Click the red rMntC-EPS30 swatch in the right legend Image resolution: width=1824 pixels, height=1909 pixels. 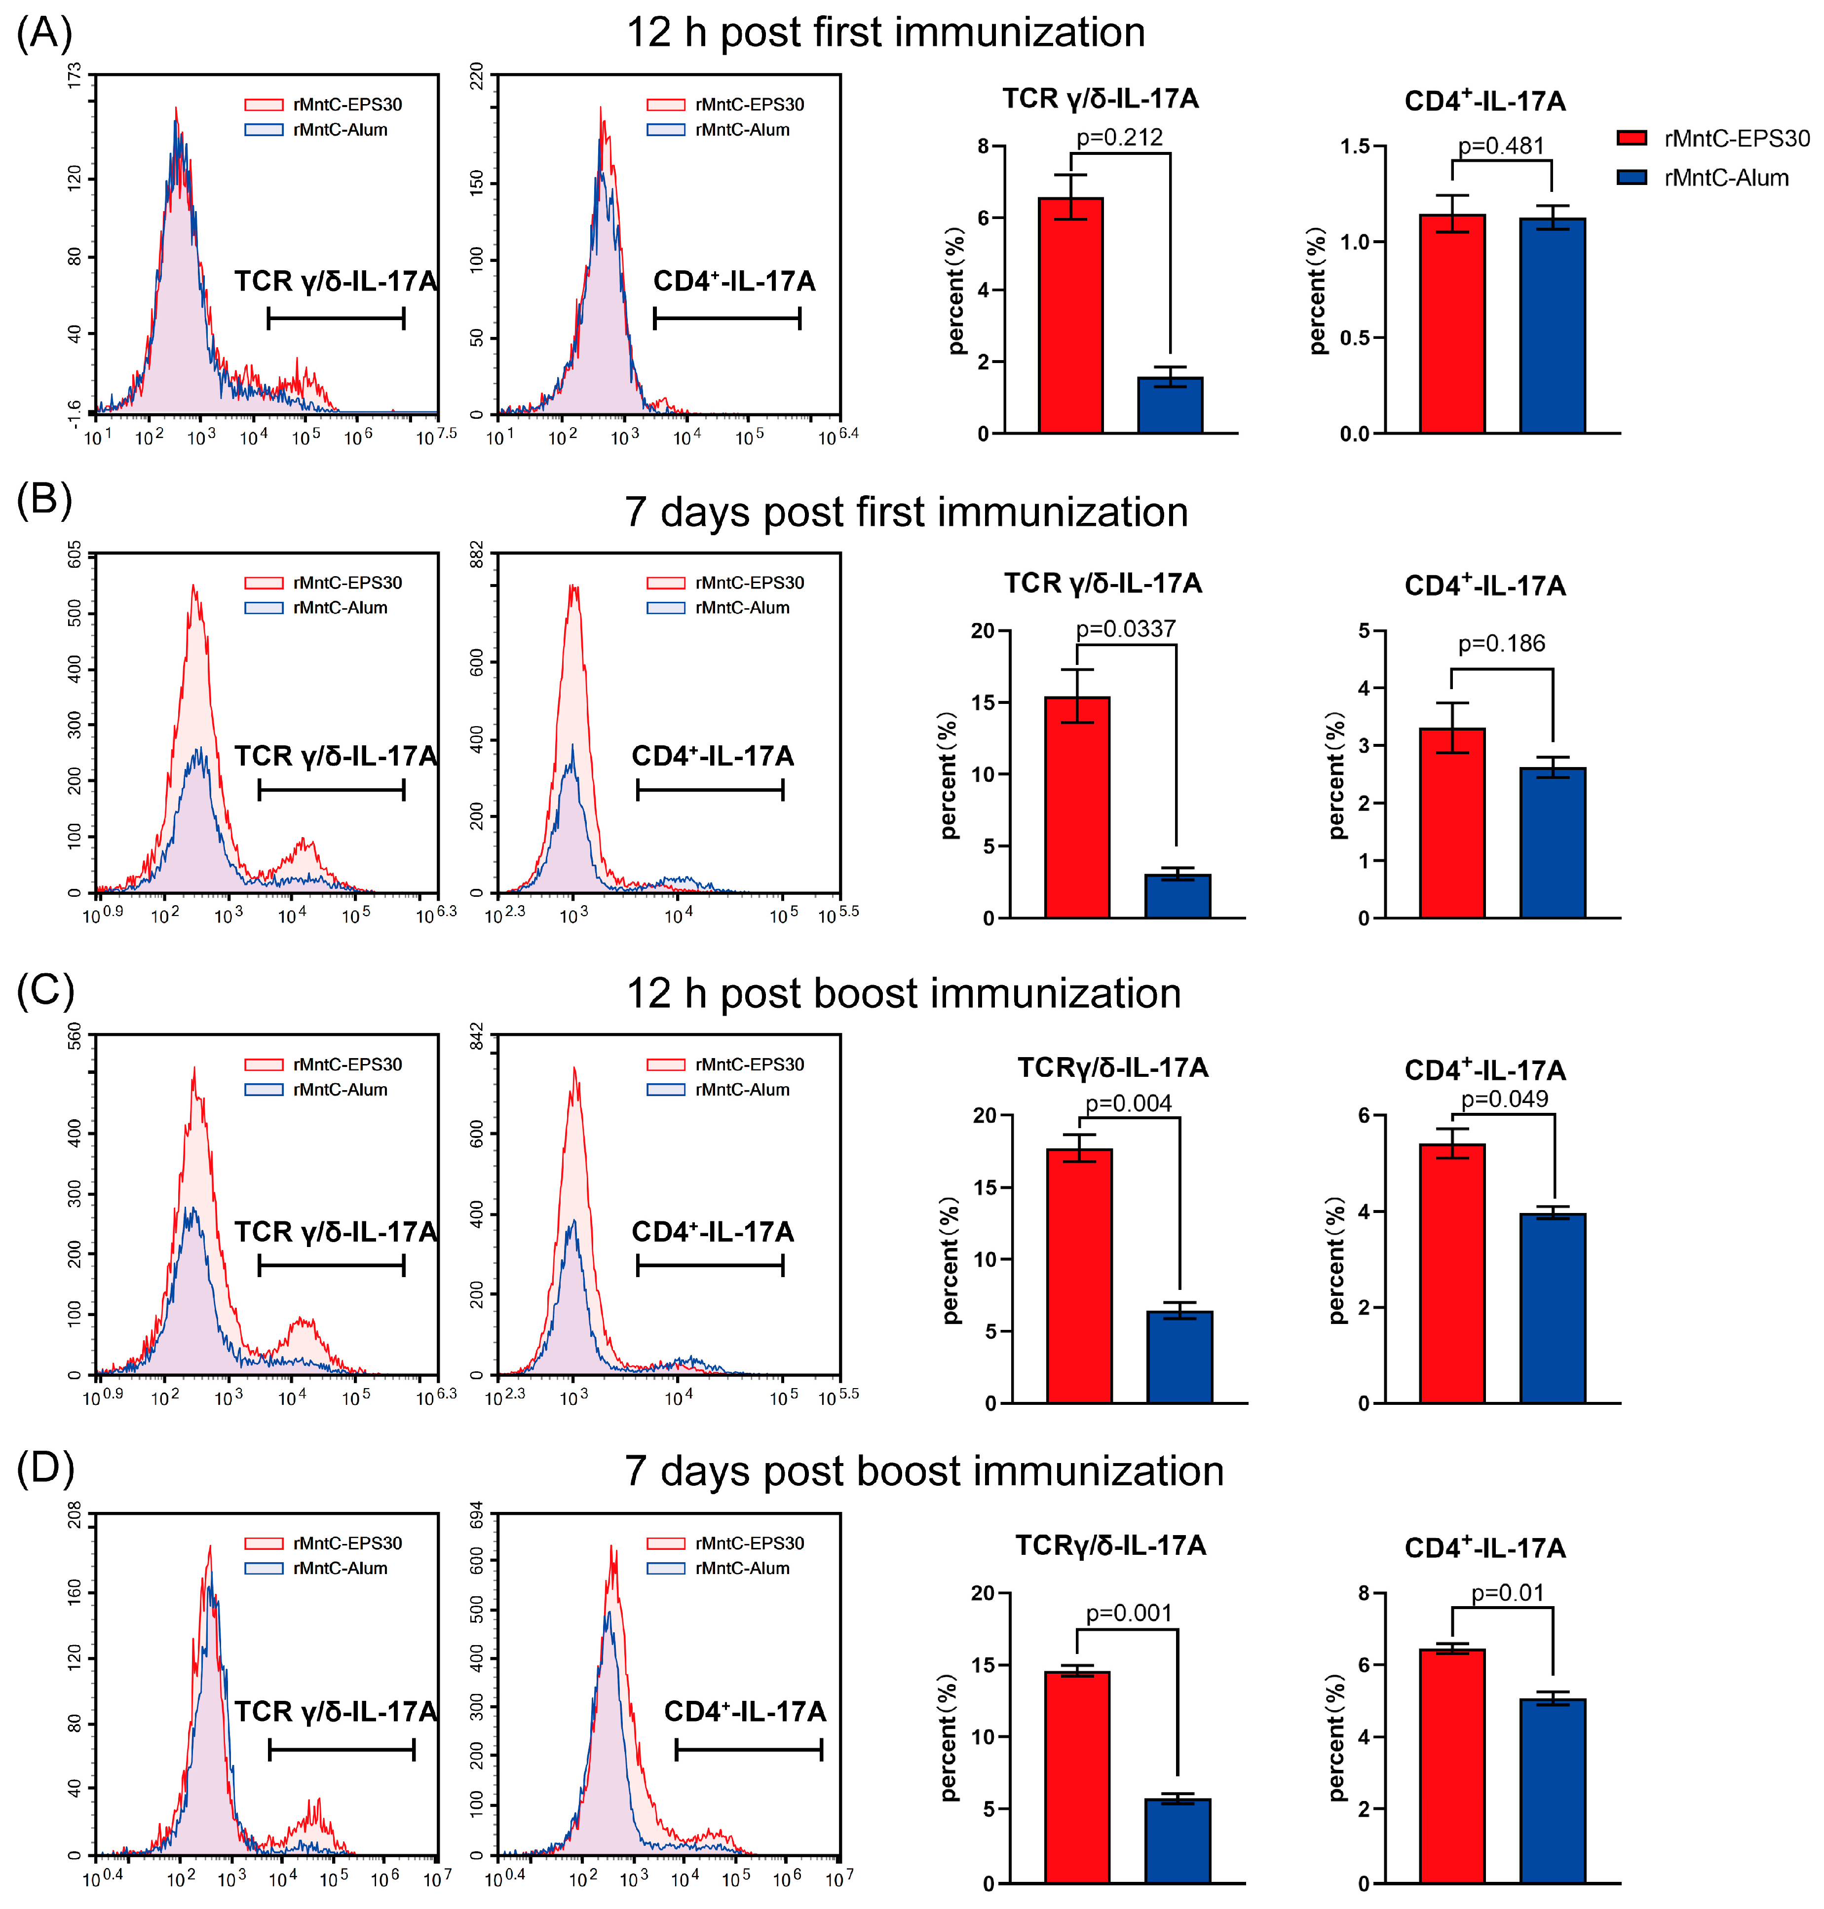click(1632, 138)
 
